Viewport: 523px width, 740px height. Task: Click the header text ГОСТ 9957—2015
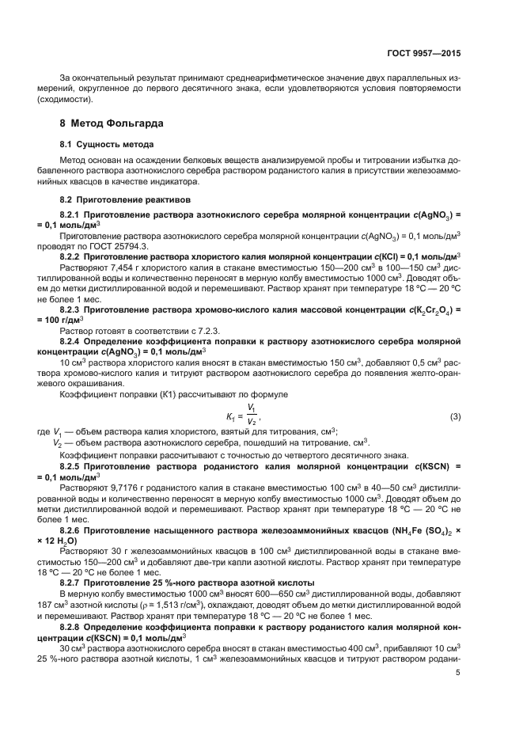tap(426, 53)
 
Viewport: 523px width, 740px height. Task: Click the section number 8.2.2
tap(74, 256)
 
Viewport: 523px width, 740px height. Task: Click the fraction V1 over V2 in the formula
tap(251, 416)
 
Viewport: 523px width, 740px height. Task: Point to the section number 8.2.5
tap(74, 467)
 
